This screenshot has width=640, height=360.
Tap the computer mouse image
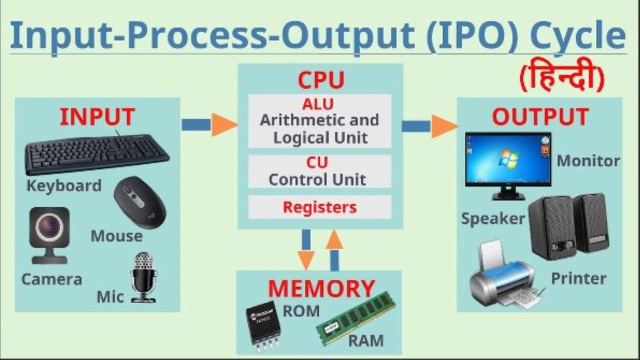[139, 201]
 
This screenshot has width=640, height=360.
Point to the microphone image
[143, 277]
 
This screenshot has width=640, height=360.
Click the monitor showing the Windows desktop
[508, 163]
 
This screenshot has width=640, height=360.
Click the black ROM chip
[263, 322]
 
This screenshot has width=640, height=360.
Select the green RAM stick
[355, 317]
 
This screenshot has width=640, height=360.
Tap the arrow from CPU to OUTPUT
[429, 126]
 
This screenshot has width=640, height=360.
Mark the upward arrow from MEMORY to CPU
[334, 249]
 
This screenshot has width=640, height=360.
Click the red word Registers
[319, 207]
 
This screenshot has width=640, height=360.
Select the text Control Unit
[317, 179]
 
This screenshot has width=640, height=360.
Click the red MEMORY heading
[321, 288]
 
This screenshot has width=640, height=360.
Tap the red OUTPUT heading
[540, 116]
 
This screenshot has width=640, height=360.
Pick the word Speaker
[492, 218]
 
